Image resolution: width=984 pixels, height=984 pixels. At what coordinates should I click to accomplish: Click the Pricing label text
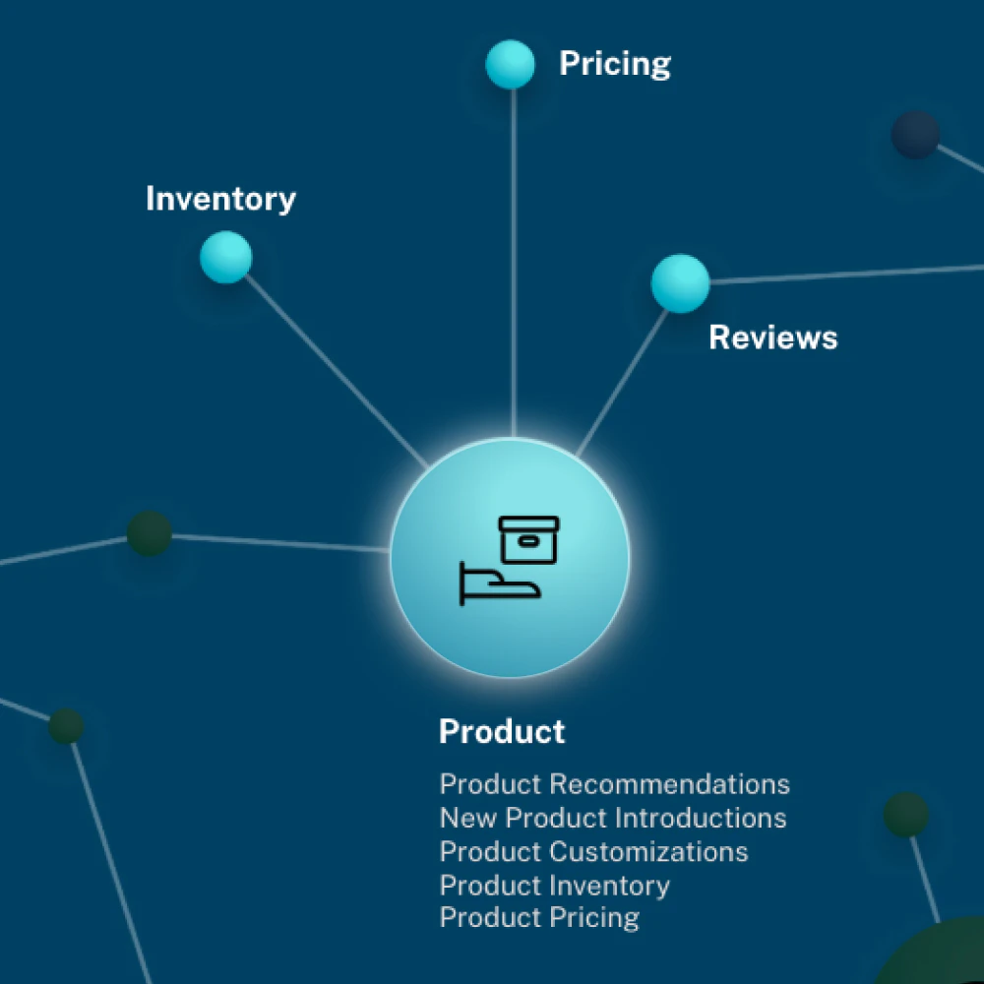[615, 64]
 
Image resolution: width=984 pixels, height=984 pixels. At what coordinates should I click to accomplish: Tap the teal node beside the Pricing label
[511, 64]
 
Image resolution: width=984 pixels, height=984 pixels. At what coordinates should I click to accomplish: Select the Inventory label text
[220, 199]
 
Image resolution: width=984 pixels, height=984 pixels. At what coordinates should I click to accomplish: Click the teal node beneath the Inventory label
[226, 258]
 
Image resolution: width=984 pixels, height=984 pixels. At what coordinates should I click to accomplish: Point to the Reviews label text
[773, 338]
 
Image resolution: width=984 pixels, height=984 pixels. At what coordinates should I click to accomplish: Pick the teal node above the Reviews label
[680, 283]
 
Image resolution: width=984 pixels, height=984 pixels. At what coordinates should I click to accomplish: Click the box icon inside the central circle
[528, 538]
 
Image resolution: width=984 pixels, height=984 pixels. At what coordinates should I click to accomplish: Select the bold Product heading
[502, 732]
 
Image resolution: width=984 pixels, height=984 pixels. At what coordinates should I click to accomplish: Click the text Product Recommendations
[614, 784]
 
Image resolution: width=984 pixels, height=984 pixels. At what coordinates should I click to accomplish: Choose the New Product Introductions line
[612, 818]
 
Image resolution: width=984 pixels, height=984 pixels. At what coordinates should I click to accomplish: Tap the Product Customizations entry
[593, 851]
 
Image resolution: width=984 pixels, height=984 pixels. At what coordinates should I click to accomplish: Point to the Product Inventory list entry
[554, 885]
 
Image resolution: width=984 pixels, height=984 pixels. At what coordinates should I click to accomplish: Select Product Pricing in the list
[539, 918]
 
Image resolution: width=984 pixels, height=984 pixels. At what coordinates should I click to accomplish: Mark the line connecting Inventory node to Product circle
[335, 364]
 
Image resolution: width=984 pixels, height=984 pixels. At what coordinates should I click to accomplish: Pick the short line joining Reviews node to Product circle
[625, 379]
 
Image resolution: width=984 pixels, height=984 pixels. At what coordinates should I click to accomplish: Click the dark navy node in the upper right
[915, 134]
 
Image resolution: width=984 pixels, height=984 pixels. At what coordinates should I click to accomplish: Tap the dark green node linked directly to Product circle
[150, 533]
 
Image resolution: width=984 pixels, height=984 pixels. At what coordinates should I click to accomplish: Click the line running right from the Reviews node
[846, 274]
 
